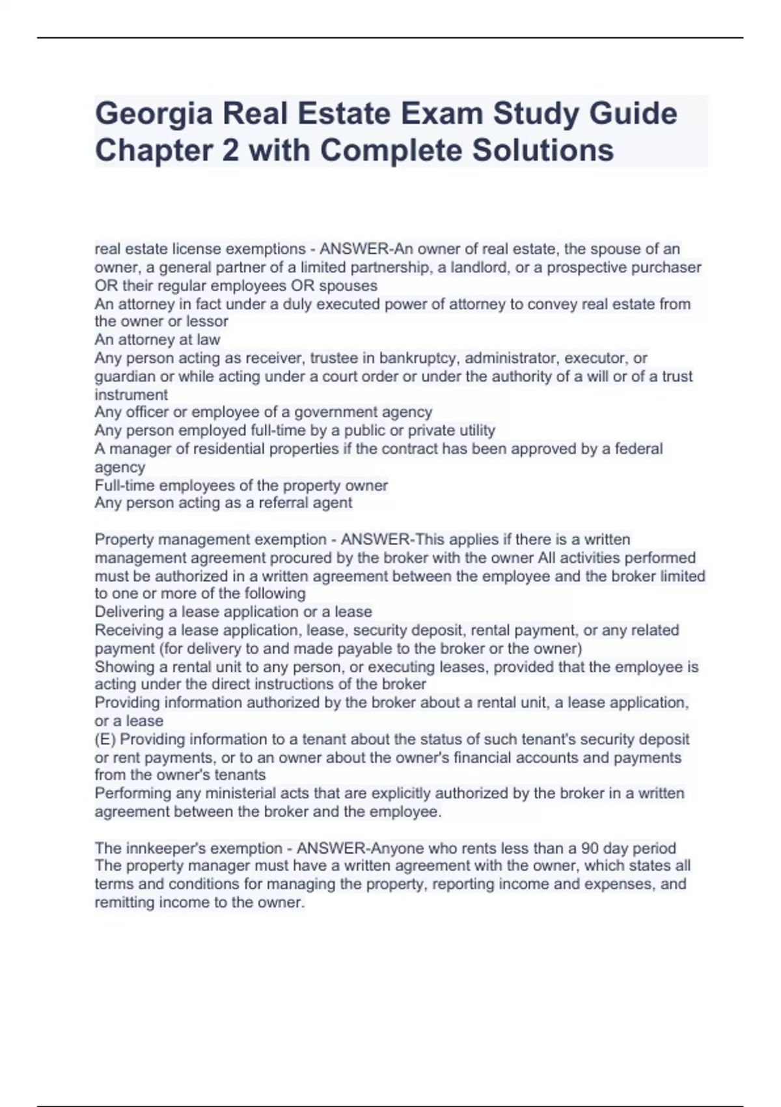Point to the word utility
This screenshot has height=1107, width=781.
[x=475, y=430]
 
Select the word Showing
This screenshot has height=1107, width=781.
[x=122, y=667]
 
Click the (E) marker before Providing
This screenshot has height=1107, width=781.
[x=105, y=739]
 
